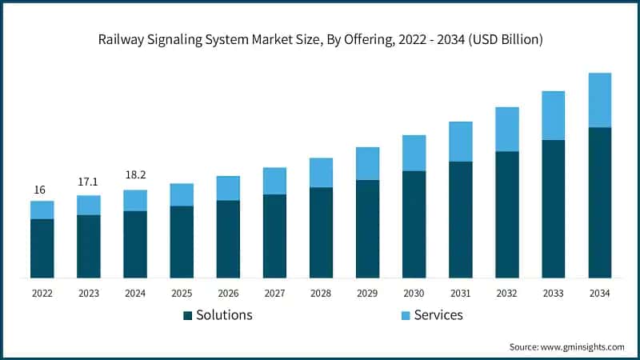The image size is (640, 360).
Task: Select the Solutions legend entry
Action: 225,314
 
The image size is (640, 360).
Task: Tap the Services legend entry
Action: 438,314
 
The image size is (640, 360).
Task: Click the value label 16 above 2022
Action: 40,190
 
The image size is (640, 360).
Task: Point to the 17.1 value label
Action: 88,182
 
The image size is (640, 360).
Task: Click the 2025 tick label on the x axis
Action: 182,294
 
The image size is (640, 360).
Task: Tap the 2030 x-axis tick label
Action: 414,294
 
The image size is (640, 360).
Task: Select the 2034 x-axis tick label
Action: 599,294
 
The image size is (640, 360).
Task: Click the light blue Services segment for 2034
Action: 599,100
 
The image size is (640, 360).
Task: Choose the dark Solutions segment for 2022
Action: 42,248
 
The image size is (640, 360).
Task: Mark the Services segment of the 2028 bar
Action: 321,173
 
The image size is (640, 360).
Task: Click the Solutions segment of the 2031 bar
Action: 460,220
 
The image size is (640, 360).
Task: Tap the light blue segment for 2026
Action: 228,188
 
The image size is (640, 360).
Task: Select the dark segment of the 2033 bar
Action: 553,209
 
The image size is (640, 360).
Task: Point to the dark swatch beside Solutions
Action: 188,315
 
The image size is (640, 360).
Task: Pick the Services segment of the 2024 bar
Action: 135,200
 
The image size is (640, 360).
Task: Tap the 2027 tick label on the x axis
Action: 274,294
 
